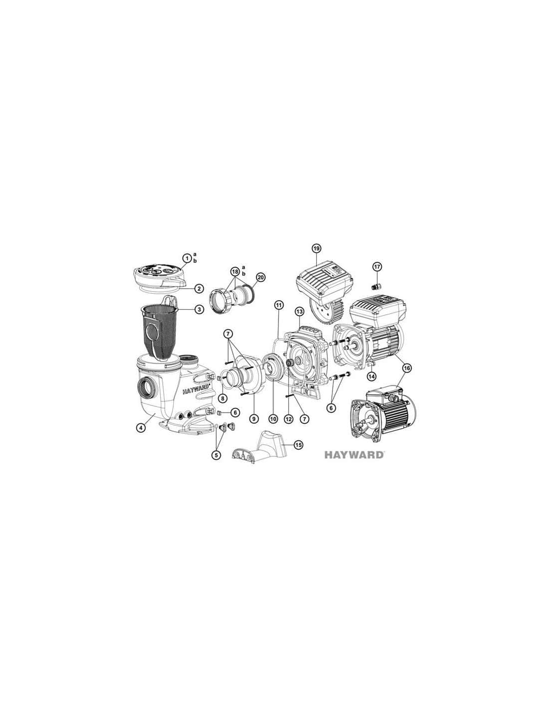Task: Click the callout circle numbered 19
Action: pyautogui.click(x=316, y=249)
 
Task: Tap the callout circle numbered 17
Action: pyautogui.click(x=376, y=267)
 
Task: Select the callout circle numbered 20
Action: pyautogui.click(x=261, y=277)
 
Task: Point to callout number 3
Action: pyautogui.click(x=199, y=309)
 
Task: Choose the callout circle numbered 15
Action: pyautogui.click(x=298, y=444)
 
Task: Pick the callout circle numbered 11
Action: pyautogui.click(x=278, y=305)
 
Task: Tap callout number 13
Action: pyautogui.click(x=299, y=312)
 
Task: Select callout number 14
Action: pyautogui.click(x=371, y=376)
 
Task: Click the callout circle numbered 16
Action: pyautogui.click(x=407, y=368)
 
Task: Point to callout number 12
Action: pyautogui.click(x=288, y=419)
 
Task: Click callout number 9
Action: pyautogui.click(x=254, y=419)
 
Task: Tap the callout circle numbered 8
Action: pyautogui.click(x=222, y=398)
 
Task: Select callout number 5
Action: pyautogui.click(x=216, y=455)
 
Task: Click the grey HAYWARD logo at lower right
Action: pyautogui.click(x=354, y=455)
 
